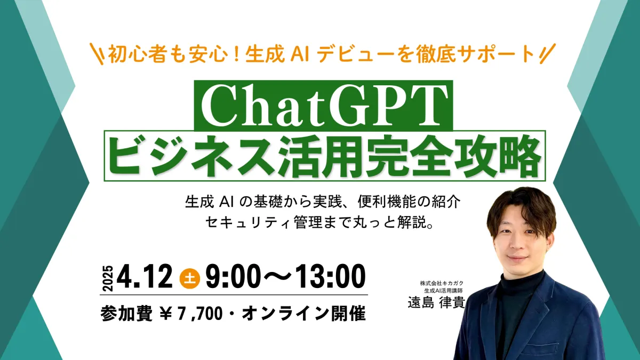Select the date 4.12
[145, 276]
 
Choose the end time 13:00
[330, 276]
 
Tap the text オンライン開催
[303, 314]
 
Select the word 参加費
[126, 314]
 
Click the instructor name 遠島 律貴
[436, 302]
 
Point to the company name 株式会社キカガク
[442, 283]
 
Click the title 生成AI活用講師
[443, 291]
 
